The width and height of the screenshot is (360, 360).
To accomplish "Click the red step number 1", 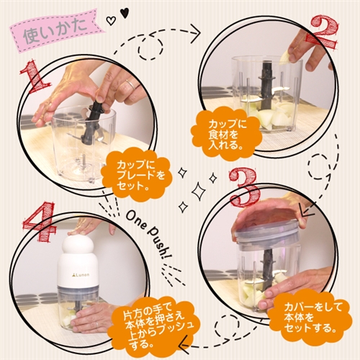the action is [35, 77].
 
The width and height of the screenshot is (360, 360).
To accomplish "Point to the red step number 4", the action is [40, 222].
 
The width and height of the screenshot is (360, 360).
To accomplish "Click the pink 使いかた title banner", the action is [55, 30].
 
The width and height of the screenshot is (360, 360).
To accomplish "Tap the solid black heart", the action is [124, 12].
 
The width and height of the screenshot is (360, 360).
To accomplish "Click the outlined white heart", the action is [111, 21].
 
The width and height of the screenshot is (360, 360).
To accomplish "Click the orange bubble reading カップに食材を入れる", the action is [225, 135].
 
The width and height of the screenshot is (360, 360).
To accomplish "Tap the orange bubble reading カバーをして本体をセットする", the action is [310, 318].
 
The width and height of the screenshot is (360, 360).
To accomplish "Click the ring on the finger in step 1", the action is [129, 84].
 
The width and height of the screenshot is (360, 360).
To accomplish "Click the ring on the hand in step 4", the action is [96, 325].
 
